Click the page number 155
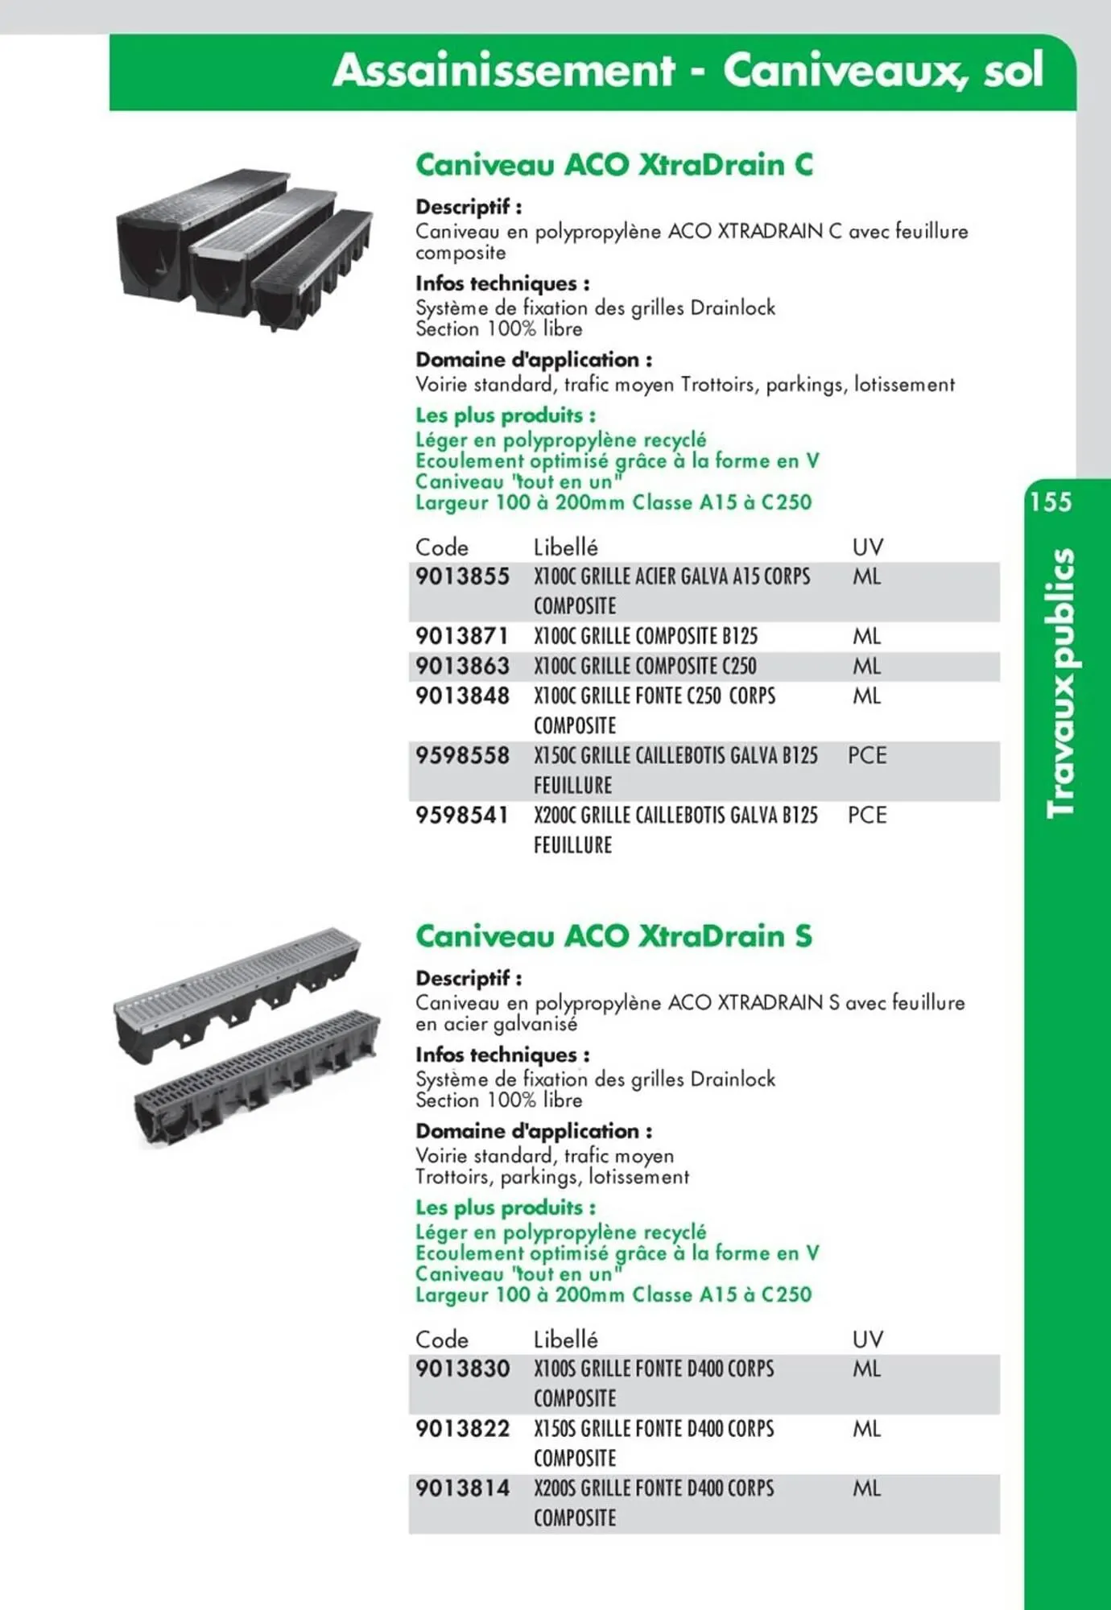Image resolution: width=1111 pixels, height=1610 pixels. coord(1051,502)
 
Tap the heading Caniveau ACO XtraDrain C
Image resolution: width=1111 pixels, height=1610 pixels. coord(613,165)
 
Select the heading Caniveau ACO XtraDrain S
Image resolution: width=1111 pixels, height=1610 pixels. coord(613,936)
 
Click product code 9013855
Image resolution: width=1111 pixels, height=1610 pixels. coord(462,577)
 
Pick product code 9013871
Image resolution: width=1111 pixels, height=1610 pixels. coord(462,637)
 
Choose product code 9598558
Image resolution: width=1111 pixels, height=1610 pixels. coord(462,756)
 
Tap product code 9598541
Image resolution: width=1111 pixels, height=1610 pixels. coord(462,815)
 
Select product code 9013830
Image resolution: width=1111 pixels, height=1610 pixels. coord(462,1369)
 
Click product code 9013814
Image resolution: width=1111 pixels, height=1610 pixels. coord(462,1488)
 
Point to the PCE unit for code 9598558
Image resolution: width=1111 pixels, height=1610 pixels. coord(867,756)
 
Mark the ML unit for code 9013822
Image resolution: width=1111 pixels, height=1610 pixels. coord(867,1429)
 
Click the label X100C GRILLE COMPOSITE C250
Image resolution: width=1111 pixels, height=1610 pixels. coord(645,667)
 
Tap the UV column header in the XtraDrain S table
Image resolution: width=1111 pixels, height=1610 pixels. coord(867,1340)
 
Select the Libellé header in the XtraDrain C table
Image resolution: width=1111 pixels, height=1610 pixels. coord(565,547)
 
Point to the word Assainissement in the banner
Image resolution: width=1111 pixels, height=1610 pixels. coord(504,71)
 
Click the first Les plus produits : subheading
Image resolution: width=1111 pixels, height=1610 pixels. coord(505,415)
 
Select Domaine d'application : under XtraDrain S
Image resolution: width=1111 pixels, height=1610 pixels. coord(533,1131)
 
